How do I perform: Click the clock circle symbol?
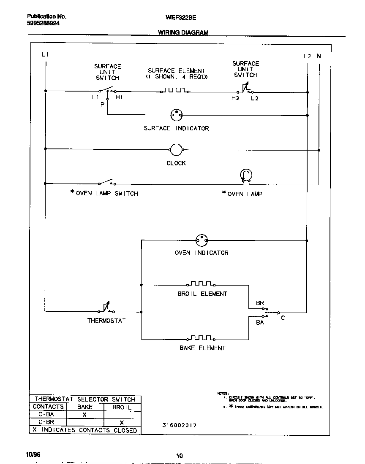176,149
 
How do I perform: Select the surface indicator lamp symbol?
176,114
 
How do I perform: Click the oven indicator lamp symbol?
202,240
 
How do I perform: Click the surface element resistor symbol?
174,90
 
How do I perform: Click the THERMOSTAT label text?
106,321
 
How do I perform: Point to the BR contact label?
260,303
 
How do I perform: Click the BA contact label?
260,322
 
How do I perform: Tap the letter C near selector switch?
283,318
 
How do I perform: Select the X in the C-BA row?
84,415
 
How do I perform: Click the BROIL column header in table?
122,407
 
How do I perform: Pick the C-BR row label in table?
46,422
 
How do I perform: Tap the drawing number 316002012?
179,425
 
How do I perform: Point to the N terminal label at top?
319,56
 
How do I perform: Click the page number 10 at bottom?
180,455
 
